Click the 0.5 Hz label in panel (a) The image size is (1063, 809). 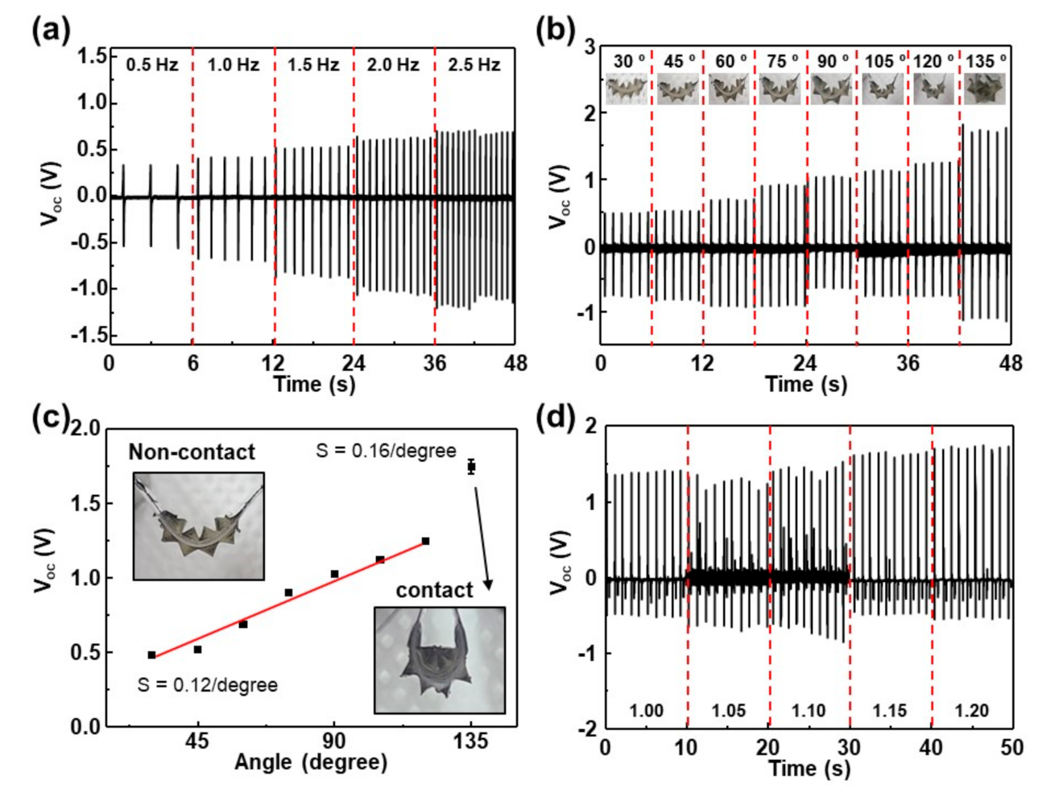click(x=151, y=64)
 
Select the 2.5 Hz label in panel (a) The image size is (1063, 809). click(x=474, y=64)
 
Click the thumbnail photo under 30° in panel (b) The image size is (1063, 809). click(x=626, y=89)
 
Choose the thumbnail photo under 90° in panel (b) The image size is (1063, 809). click(x=831, y=89)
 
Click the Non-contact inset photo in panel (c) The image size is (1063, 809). click(x=198, y=526)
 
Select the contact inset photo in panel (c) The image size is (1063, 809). click(x=440, y=660)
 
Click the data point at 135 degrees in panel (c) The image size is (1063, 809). click(x=471, y=466)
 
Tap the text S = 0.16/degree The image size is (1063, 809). click(x=386, y=451)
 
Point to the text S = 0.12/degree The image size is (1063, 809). click(x=207, y=685)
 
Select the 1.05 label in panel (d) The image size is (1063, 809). click(x=728, y=711)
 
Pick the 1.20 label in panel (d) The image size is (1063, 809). click(x=971, y=711)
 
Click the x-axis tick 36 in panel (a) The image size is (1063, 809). click(x=434, y=363)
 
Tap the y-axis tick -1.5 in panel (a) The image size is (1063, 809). click(x=91, y=335)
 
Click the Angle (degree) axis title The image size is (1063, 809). click(x=310, y=762)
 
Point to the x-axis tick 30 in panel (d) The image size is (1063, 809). click(x=849, y=747)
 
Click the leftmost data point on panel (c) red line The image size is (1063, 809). click(x=151, y=655)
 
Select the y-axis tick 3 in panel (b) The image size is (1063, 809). click(x=589, y=47)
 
